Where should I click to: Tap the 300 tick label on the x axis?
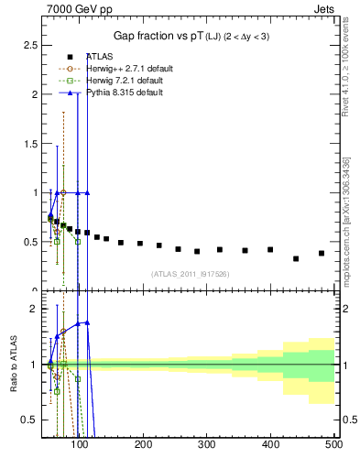207,444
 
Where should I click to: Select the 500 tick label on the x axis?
333,444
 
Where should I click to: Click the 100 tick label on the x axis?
81,444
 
